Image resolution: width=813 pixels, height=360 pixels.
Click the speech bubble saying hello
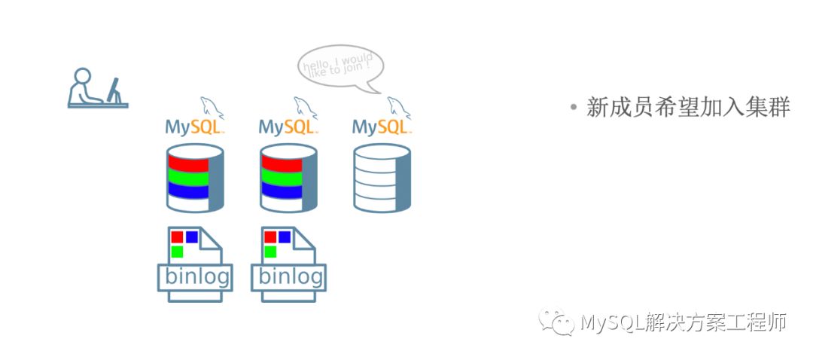(340, 66)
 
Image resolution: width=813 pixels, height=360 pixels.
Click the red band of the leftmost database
(187, 163)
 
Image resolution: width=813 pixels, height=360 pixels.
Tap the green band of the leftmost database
(187, 178)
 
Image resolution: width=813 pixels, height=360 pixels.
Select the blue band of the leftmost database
(187, 192)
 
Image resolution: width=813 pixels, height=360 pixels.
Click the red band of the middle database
(281, 163)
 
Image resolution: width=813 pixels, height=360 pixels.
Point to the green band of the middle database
(281, 178)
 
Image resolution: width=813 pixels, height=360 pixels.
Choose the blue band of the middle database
(281, 192)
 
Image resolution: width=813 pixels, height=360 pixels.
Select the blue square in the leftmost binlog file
(191, 236)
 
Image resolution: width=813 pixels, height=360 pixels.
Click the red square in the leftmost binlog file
(177, 236)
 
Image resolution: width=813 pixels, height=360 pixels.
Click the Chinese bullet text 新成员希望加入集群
(687, 108)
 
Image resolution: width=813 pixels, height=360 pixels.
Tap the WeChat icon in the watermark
(562, 323)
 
